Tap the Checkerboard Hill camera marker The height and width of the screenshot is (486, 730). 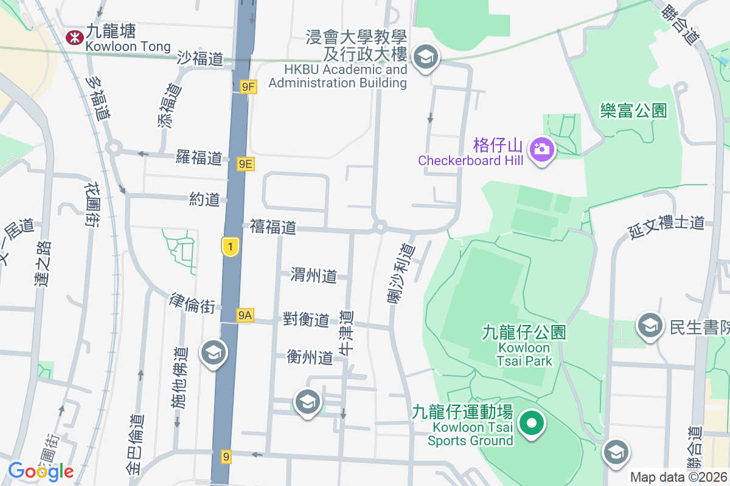[541, 148]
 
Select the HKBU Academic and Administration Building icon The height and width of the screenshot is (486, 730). [425, 58]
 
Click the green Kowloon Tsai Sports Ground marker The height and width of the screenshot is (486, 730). [532, 422]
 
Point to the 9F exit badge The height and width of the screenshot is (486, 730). [248, 87]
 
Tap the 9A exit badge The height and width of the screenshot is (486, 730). [245, 315]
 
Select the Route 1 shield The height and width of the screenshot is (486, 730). [230, 246]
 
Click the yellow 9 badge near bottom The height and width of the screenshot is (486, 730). [226, 456]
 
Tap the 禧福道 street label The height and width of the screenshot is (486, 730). [273, 227]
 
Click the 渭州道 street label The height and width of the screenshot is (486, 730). [314, 276]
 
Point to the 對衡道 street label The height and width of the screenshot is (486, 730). [306, 319]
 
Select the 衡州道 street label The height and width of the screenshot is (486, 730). [310, 357]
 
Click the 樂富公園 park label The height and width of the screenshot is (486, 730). [633, 111]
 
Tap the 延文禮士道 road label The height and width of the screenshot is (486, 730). [666, 224]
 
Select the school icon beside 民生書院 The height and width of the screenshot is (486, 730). [650, 327]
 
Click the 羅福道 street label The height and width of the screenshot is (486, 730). [199, 158]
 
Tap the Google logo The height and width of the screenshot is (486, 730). [41, 471]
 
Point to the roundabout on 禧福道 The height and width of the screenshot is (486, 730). [380, 227]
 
